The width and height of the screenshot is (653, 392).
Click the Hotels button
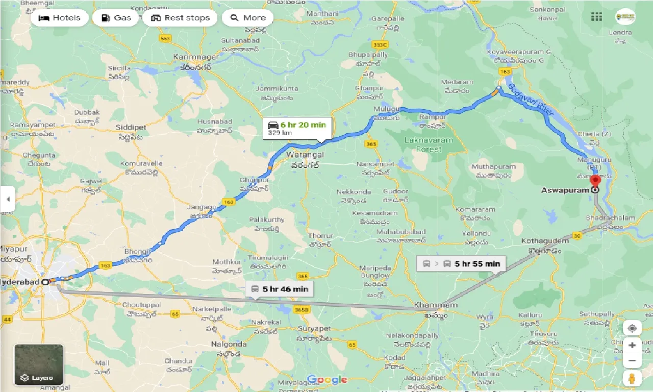(x=59, y=18)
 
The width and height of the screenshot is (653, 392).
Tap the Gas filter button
(x=116, y=18)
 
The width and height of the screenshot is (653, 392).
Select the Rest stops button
(x=180, y=18)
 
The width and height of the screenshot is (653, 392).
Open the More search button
(x=248, y=18)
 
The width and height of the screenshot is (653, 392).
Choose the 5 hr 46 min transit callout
(x=279, y=289)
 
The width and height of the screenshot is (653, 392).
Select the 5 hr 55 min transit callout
(x=461, y=264)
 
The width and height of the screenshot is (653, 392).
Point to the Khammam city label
(x=429, y=305)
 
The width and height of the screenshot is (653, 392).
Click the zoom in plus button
(x=632, y=346)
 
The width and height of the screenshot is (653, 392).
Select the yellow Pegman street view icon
(x=632, y=378)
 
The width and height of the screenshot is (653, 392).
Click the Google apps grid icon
(x=596, y=17)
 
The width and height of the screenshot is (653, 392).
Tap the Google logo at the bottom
(x=327, y=380)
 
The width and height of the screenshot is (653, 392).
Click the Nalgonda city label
(x=229, y=344)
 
